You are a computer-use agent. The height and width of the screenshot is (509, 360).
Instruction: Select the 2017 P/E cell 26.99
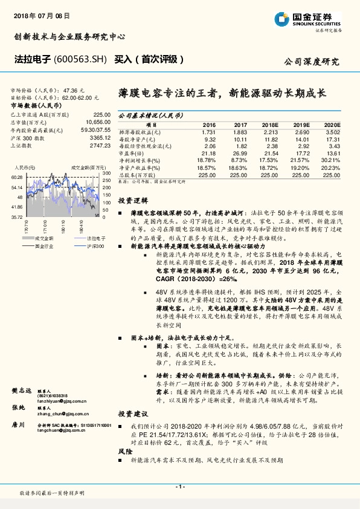(223, 154)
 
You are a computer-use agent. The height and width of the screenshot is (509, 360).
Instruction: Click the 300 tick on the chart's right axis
(106, 173)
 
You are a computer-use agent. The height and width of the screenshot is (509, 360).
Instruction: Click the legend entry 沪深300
(95, 246)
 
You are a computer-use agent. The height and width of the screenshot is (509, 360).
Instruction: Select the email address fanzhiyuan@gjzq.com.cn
(61, 400)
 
